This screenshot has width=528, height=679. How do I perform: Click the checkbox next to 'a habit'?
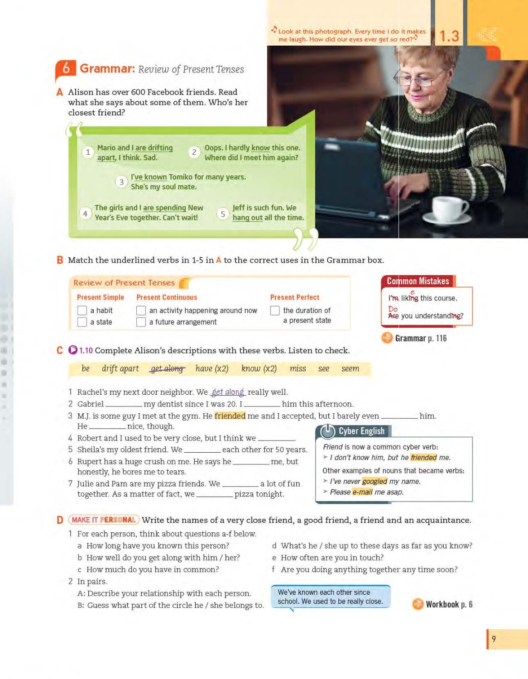[x=82, y=311]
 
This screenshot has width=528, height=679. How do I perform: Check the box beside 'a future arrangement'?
[x=141, y=322]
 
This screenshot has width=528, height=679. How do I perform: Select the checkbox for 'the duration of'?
[x=275, y=311]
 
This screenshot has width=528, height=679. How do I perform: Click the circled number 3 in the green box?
[x=121, y=182]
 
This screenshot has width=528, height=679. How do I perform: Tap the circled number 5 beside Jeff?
[x=223, y=214]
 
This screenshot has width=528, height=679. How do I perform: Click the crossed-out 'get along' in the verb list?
[x=167, y=369]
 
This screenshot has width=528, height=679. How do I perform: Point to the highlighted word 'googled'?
[x=374, y=481]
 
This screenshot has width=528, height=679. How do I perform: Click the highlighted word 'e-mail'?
[x=362, y=492]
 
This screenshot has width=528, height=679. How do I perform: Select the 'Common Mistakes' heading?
[x=418, y=281]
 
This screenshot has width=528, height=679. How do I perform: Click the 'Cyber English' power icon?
[x=327, y=431]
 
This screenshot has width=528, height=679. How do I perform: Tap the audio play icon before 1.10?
[x=73, y=350]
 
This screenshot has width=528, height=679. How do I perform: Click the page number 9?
[x=494, y=639]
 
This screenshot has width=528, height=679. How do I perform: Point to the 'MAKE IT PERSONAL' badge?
[x=104, y=520]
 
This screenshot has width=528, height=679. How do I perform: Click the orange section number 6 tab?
[x=66, y=69]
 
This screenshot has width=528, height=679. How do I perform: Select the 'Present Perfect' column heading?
[x=295, y=297]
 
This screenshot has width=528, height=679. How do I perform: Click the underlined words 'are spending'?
[x=164, y=208]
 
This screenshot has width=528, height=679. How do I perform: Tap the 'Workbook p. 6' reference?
[x=448, y=604]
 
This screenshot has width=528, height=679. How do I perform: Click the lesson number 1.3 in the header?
[x=449, y=36]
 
